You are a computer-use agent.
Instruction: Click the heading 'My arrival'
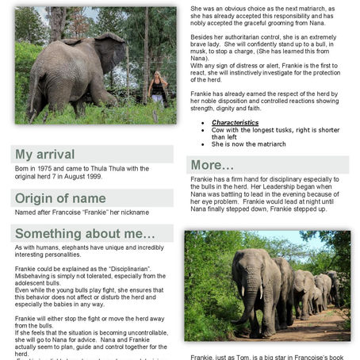(x=45, y=155)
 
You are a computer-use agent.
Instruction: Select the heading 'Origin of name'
(x=60, y=198)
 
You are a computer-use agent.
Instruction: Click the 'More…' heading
(x=213, y=166)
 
